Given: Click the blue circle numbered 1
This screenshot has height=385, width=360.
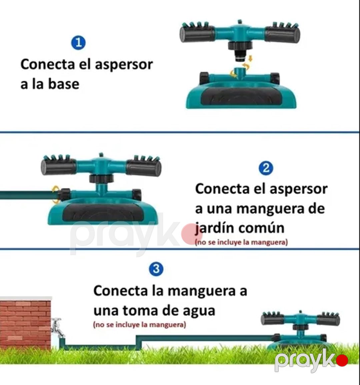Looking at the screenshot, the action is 78,43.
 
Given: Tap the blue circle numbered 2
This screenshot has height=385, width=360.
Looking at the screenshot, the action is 266,168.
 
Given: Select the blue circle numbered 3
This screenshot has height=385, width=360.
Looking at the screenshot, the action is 156,269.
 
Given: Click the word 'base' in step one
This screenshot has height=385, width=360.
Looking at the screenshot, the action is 63,84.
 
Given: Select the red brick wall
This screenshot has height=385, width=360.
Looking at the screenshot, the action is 26,323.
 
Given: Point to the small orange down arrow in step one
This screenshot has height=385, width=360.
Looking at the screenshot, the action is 250,58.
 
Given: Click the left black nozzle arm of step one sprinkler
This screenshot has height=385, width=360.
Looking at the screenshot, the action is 197,34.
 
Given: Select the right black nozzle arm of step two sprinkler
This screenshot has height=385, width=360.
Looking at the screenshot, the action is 144,167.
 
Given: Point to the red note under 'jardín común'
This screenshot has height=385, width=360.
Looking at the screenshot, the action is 241,242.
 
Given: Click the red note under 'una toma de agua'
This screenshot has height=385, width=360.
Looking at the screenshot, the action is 139,325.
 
